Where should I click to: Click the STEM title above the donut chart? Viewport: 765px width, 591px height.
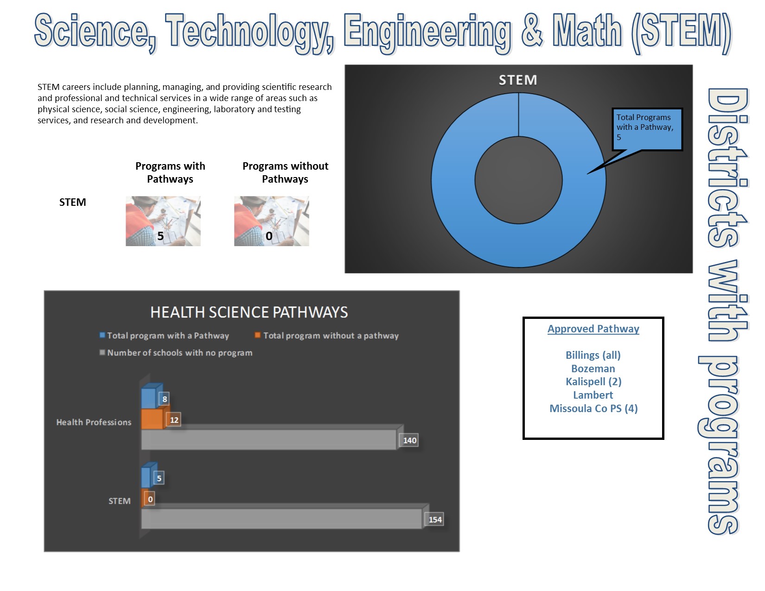tap(518, 80)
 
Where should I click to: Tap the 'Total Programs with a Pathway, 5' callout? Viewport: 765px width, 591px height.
tap(647, 129)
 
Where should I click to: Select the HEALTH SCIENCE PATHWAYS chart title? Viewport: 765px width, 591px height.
tap(249, 312)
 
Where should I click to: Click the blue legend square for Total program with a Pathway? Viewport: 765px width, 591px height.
tap(102, 335)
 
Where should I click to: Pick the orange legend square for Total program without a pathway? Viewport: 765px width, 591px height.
tap(258, 335)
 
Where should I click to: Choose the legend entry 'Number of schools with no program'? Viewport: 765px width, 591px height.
tap(176, 352)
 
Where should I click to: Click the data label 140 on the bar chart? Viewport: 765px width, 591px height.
tap(409, 440)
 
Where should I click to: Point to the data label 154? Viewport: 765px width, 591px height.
tap(435, 519)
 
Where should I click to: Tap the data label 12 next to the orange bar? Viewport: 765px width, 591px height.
tap(174, 419)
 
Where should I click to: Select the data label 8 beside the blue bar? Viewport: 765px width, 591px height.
tap(165, 399)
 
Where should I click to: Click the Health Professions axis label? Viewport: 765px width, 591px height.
tap(94, 422)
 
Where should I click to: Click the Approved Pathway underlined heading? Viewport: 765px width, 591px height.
tap(593, 329)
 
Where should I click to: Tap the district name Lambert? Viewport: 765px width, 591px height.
tap(593, 395)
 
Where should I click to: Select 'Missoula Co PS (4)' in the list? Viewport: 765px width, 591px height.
tap(593, 408)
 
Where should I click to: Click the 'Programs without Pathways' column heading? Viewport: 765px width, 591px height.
tap(285, 172)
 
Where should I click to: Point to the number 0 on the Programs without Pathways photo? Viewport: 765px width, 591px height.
tap(269, 236)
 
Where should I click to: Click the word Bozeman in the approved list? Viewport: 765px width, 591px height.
tap(593, 369)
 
